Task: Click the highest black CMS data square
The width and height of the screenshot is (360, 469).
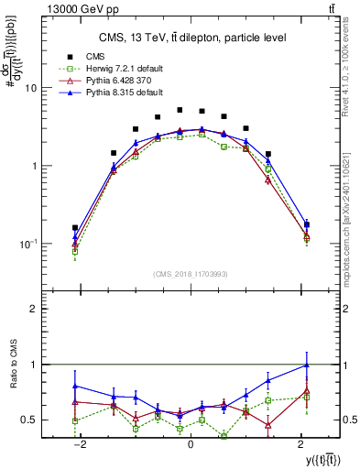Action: pos(180,109)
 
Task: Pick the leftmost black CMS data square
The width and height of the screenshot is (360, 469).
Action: pos(75,227)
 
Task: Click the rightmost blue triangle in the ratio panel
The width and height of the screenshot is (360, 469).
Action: pos(306,365)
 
